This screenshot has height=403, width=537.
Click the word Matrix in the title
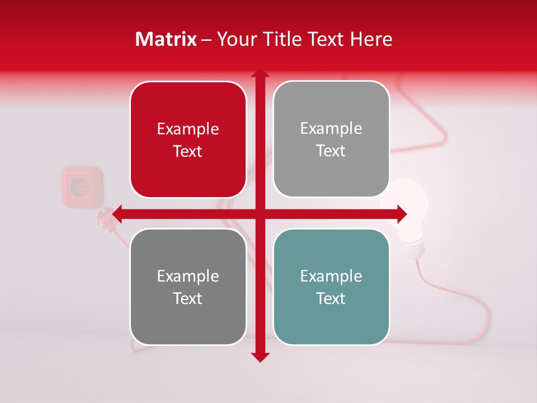166,39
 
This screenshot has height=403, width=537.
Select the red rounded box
188,140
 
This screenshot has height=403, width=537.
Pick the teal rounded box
331,287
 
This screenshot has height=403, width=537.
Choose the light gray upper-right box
331,139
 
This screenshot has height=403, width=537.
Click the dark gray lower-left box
188,287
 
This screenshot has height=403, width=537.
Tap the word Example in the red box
188,129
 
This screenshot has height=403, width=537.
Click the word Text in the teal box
331,298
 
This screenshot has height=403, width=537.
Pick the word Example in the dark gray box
188,276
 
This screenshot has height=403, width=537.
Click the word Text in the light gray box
331,151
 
